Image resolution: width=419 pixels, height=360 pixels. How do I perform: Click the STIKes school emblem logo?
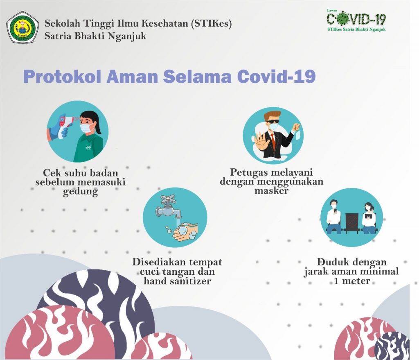(23, 27)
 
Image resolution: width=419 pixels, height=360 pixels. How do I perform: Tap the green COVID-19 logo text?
(356, 19)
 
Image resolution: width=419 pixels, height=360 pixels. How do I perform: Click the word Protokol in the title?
(62, 77)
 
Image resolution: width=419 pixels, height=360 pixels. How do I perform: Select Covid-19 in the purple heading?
(277, 76)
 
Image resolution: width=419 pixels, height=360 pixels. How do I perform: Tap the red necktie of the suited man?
(273, 142)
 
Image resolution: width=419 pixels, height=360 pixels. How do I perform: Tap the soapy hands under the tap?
(185, 232)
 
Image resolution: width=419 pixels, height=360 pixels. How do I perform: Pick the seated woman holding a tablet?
(369, 218)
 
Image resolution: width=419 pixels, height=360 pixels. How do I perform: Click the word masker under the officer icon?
(272, 191)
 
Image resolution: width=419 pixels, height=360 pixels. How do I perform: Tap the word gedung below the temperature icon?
(81, 192)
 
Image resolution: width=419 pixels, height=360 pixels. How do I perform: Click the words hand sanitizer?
(178, 281)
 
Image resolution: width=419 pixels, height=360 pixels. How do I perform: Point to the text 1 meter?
(352, 281)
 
